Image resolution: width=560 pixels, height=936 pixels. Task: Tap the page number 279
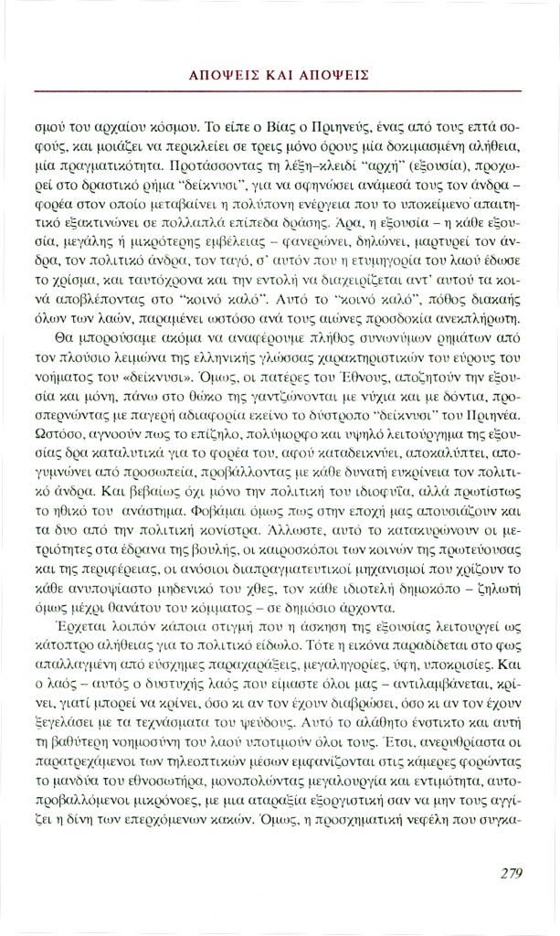512,873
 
